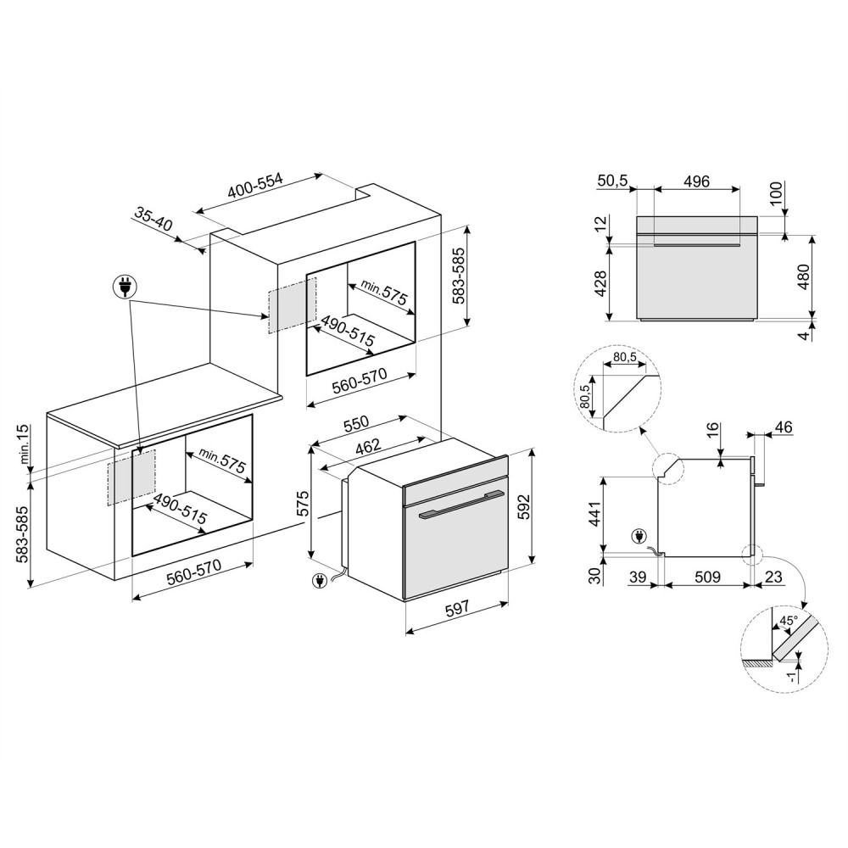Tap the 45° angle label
pyautogui.click(x=788, y=620)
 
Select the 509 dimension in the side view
pyautogui.click(x=707, y=577)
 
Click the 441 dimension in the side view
pyautogui.click(x=594, y=514)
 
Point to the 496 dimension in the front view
pyautogui.click(x=696, y=181)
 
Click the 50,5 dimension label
pyautogui.click(x=613, y=181)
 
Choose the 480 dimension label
pyautogui.click(x=804, y=276)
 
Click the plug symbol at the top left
pyautogui.click(x=125, y=287)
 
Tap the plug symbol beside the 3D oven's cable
pyautogui.click(x=321, y=582)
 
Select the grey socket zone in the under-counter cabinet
pyautogui.click(x=131, y=477)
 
